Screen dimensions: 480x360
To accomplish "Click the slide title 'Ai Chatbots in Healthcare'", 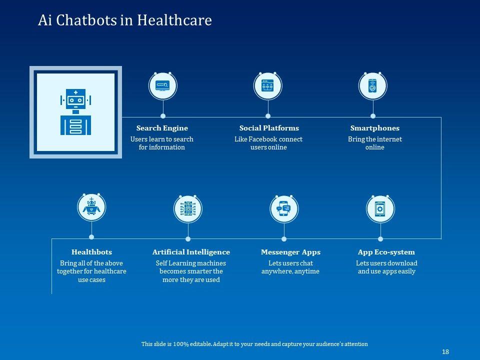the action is pos(125,20).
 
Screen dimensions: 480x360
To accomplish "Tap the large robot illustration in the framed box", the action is pos(75,112).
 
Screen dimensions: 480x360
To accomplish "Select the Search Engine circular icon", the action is pos(162,85).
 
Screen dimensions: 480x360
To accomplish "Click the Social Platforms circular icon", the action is pos(267,85).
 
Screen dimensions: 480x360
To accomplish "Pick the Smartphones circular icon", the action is pos(372,85).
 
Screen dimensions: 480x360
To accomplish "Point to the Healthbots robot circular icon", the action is pos(91,208).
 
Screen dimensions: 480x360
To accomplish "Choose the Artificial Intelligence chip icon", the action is pos(187,208).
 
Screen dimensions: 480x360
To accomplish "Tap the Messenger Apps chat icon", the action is pos(284,208).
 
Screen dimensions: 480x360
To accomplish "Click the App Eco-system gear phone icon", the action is pos(380,208).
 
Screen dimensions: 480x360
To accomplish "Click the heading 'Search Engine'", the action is pos(162,128).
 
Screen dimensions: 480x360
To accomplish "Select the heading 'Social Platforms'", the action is pos(269,128).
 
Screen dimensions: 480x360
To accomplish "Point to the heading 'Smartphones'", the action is pos(374,128).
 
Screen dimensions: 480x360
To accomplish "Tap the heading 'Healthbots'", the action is pos(91,252).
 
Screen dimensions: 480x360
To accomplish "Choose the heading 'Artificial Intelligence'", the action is pos(191,252).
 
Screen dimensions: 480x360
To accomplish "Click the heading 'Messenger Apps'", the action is pos(290,252).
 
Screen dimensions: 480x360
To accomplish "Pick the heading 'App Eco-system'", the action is pos(386,252).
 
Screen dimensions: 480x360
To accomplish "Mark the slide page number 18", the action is pos(445,352).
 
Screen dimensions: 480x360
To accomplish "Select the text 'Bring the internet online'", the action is pos(374,143).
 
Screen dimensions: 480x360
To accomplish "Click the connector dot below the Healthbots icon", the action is pos(91,237).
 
